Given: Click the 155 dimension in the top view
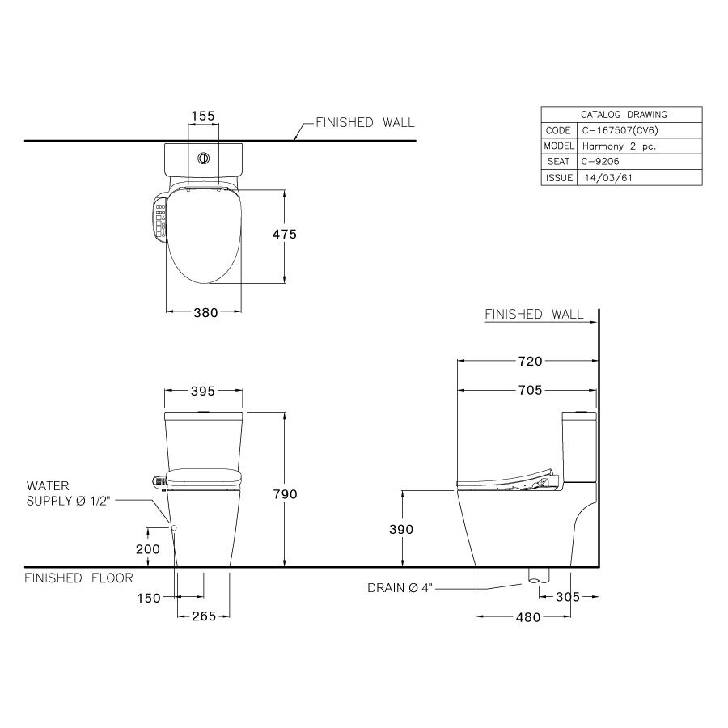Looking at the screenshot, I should pos(202,116).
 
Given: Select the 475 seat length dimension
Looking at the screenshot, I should pos(284,235).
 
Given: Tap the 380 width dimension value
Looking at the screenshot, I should pos(205,314).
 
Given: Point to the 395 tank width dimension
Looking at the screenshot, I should pos(202,392).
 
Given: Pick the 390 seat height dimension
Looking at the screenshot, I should pos(402,530).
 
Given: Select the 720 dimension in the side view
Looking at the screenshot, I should pos(527,362).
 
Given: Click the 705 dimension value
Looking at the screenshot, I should pos(527,392).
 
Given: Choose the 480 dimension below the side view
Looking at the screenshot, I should pos(527,617).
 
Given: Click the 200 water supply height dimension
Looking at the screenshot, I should pos(149,548).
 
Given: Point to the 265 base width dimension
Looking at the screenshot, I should pos(202,617).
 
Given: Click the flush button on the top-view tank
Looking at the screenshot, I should pos(204,159).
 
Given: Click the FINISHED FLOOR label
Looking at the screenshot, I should pos(78,578).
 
